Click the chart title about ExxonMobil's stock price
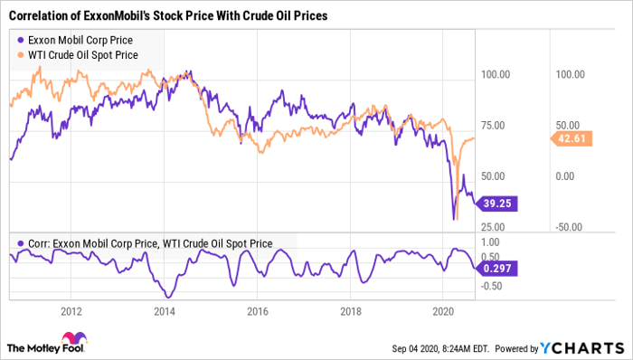coord(168,16)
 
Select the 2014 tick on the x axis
coord(164,311)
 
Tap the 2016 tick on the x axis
coord(257,311)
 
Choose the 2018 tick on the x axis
coord(350,311)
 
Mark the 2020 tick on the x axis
coord(442,311)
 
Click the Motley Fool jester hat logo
coord(17,345)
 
